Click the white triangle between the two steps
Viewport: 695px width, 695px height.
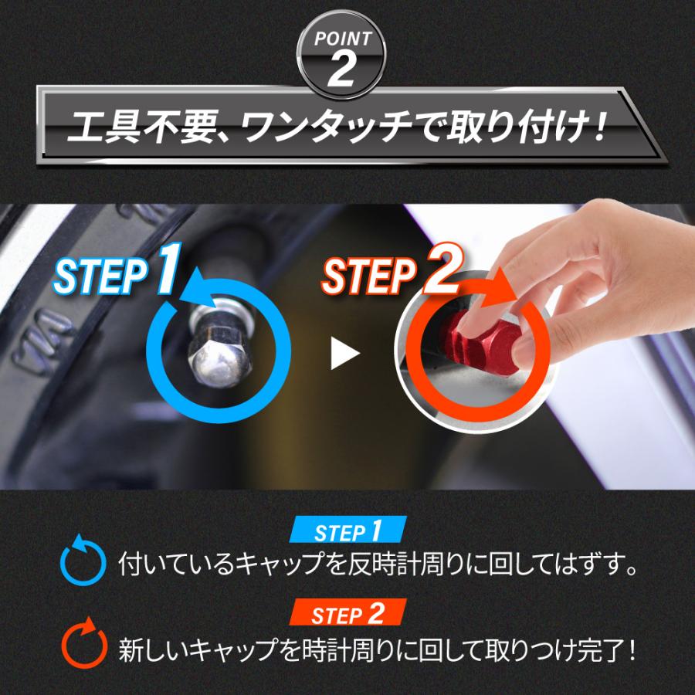click(x=344, y=354)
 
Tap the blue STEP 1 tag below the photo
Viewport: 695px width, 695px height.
click(x=347, y=531)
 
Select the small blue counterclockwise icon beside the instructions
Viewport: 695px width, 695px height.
click(x=82, y=564)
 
